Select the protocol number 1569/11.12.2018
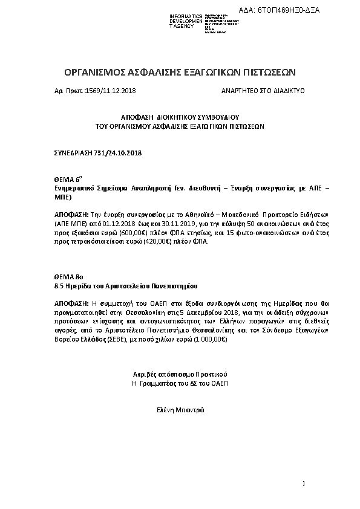click(111, 91)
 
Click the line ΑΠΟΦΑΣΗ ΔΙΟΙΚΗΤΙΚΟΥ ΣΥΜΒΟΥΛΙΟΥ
click(181, 120)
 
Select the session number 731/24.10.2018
click(119, 154)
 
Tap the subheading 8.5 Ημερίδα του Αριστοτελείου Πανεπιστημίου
click(126, 285)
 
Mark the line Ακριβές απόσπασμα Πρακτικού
click(180, 375)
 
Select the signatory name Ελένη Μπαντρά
click(180, 409)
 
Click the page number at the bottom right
click(304, 483)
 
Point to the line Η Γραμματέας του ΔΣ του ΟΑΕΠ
click(180, 384)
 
